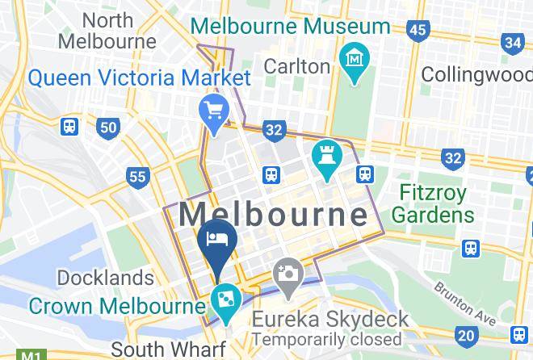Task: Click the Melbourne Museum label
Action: click(x=291, y=25)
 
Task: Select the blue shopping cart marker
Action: click(x=214, y=111)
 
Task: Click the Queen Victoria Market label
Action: click(x=140, y=78)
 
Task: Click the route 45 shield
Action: click(x=418, y=31)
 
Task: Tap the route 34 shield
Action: click(x=513, y=42)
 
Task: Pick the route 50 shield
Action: click(x=108, y=127)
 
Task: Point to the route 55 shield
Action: click(x=138, y=176)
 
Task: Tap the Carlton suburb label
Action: click(x=298, y=66)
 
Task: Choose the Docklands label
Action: click(x=105, y=278)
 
